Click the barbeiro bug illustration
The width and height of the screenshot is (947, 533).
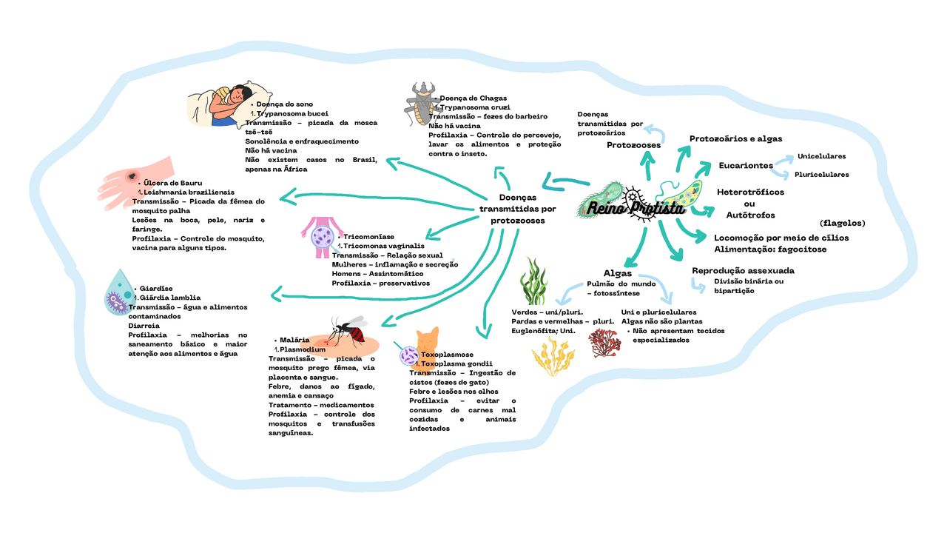421,104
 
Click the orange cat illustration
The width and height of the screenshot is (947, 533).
427,343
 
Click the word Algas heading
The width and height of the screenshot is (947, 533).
617,273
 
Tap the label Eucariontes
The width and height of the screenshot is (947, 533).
746,166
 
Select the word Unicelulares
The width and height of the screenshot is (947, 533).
821,156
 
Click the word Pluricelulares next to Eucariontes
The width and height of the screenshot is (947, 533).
821,175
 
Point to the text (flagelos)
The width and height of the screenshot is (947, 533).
842,223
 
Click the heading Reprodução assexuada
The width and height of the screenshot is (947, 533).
743,271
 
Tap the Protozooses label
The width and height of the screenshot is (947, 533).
633,145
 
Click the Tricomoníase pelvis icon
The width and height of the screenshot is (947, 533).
321,236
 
